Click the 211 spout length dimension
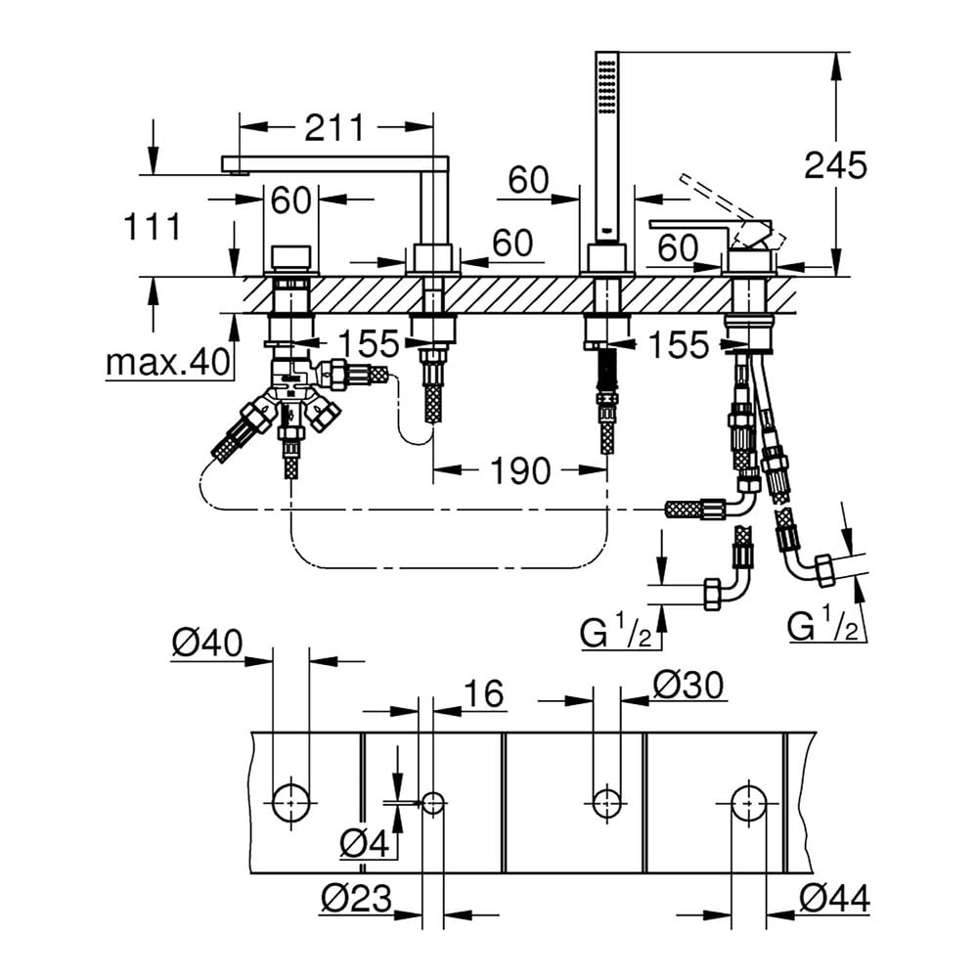tap(333, 127)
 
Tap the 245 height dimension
tap(835, 165)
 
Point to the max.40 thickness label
tap(168, 363)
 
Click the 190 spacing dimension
tap(519, 471)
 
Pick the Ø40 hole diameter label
tap(206, 643)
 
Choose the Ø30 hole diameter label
tap(689, 686)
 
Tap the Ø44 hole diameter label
tap(833, 897)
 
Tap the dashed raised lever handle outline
tap(724, 200)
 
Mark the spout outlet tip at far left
tap(233, 172)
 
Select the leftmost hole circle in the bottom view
tap(290, 803)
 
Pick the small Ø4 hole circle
tap(432, 803)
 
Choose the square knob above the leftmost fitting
tap(290, 258)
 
